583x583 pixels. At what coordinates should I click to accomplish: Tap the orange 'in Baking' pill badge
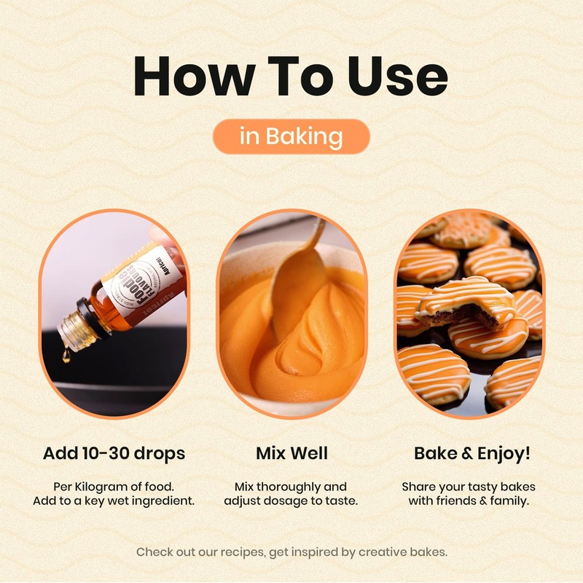(291, 136)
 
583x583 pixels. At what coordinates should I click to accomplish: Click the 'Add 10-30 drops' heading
(114, 453)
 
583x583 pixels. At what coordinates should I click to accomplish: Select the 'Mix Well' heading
(291, 453)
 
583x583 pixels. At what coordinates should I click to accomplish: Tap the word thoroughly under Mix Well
(302, 486)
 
